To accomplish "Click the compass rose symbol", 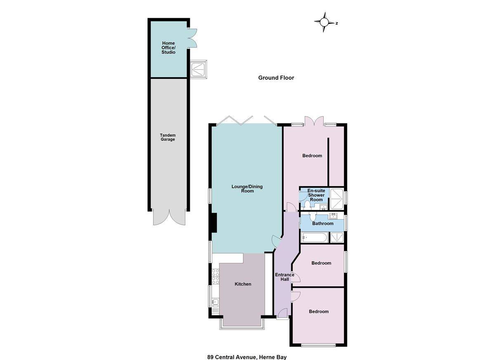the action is click(324, 22).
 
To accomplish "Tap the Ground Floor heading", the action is click(276, 78).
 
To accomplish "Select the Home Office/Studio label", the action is click(168, 47).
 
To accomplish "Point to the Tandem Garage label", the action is click(168, 137).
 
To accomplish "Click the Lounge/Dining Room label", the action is click(247, 189).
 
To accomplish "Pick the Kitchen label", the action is click(243, 284).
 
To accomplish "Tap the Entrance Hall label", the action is click(285, 277).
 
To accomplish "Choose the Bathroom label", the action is click(323, 224).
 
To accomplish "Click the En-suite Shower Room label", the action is click(316, 195).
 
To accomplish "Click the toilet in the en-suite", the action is click(307, 205).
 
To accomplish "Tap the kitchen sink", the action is click(215, 302).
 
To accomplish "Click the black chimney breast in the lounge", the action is click(214, 223).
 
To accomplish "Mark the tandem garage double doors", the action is click(169, 218).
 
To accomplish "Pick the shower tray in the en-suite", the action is click(337, 199).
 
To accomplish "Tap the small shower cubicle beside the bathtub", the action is click(337, 237).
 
